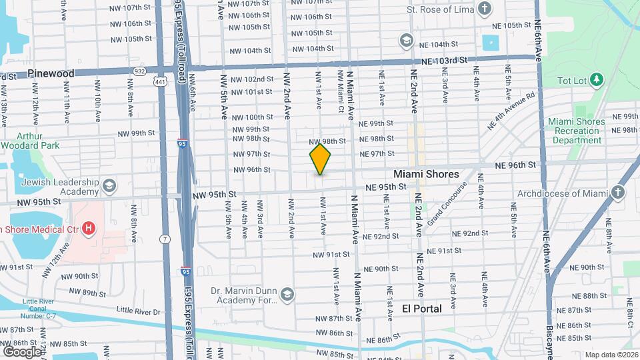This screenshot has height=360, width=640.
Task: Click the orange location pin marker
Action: pyautogui.click(x=321, y=160)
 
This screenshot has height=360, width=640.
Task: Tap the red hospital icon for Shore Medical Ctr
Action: pyautogui.click(x=87, y=230)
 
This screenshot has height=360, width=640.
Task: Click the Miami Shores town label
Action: pyautogui.click(x=426, y=174)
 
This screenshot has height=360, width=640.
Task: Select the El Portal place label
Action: pyautogui.click(x=422, y=309)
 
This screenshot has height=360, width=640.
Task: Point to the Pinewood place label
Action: pyautogui.click(x=51, y=73)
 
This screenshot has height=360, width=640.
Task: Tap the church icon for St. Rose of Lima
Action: pyautogui.click(x=485, y=10)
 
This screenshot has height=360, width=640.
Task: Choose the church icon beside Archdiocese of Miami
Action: pyautogui.click(x=619, y=193)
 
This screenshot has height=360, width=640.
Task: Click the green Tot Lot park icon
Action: pyautogui.click(x=597, y=81)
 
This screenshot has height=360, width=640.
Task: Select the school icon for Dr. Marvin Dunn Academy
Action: pyautogui.click(x=287, y=295)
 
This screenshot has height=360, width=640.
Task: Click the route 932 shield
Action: pyautogui.click(x=139, y=70)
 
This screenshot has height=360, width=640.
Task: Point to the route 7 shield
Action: pyautogui.click(x=164, y=239)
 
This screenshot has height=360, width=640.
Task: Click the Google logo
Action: pyautogui.click(x=22, y=351)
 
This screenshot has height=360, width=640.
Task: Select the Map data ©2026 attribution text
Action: pyautogui.click(x=610, y=355)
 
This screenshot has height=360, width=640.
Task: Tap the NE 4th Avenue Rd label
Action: pyautogui.click(x=511, y=111)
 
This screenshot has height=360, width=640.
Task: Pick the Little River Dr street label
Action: pyautogui.click(x=139, y=311)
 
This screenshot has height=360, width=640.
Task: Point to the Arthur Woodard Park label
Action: pyautogui.click(x=30, y=141)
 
